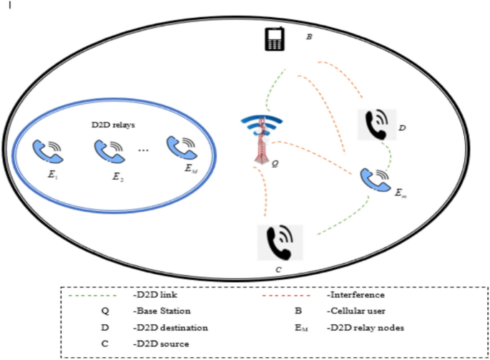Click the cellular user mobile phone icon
click(x=274, y=41)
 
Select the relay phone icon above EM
click(x=182, y=146)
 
